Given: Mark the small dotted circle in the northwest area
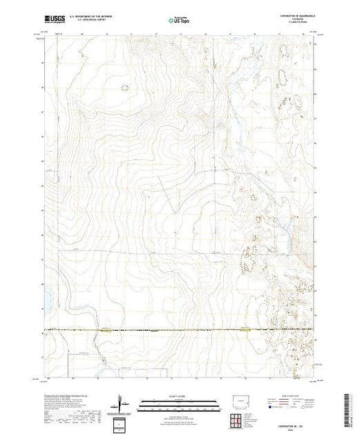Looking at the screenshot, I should coord(125,87).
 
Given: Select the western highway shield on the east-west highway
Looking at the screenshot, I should coord(104,330).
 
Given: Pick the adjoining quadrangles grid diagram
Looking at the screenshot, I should coord(239,418).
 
